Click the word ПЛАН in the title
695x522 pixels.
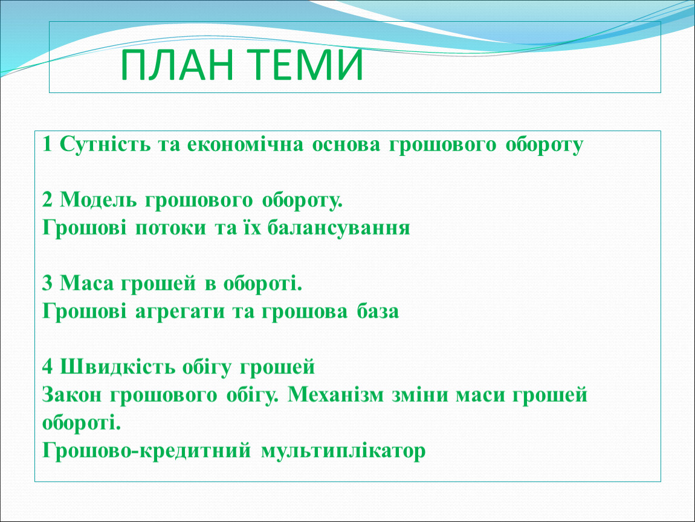coord(177,65)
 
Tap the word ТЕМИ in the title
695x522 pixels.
coord(304,65)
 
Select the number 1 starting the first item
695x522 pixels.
coord(47,144)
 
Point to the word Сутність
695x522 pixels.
coord(105,144)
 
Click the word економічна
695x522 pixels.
coord(245,144)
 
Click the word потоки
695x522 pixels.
coord(170,228)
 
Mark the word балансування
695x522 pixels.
coord(338,228)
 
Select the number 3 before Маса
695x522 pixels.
coord(47,283)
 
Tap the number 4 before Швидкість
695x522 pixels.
coord(47,367)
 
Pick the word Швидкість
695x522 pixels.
coord(117,367)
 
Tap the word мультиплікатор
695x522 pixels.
coord(343,451)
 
